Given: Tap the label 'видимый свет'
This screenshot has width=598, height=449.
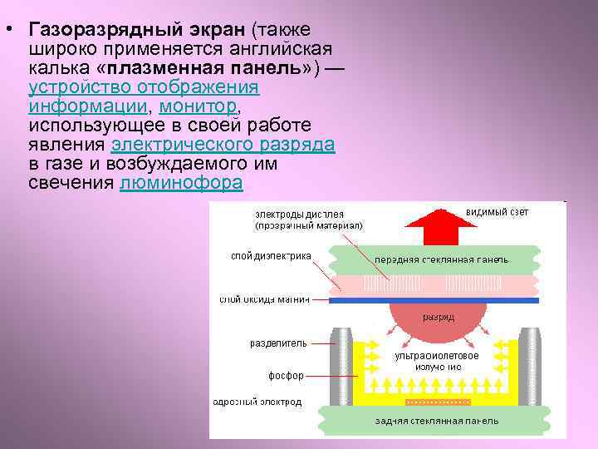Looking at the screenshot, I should click(498, 211).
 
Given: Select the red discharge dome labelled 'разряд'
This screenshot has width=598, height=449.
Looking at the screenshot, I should click(436, 317).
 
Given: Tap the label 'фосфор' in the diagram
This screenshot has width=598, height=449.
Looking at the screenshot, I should click(286, 375).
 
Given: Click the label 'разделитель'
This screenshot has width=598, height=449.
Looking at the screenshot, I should click(278, 343).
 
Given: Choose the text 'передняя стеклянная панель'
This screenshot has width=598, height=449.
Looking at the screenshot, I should click(441, 259).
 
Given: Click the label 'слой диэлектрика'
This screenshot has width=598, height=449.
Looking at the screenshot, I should click(271, 256).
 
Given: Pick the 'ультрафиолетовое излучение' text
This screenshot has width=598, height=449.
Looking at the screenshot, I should click(436, 361).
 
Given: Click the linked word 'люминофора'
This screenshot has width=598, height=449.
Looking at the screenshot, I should click(181, 182).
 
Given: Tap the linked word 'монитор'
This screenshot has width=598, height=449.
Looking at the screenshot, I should click(198, 106).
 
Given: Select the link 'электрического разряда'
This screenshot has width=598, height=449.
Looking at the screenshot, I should click(223, 145).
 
